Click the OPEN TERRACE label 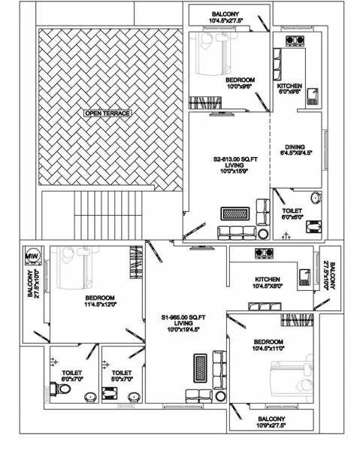pyautogui.click(x=107, y=113)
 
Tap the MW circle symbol pyautogui.click(x=32, y=256)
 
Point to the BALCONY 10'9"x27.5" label pyautogui.click(x=271, y=422)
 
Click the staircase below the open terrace pyautogui.click(x=108, y=213)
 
